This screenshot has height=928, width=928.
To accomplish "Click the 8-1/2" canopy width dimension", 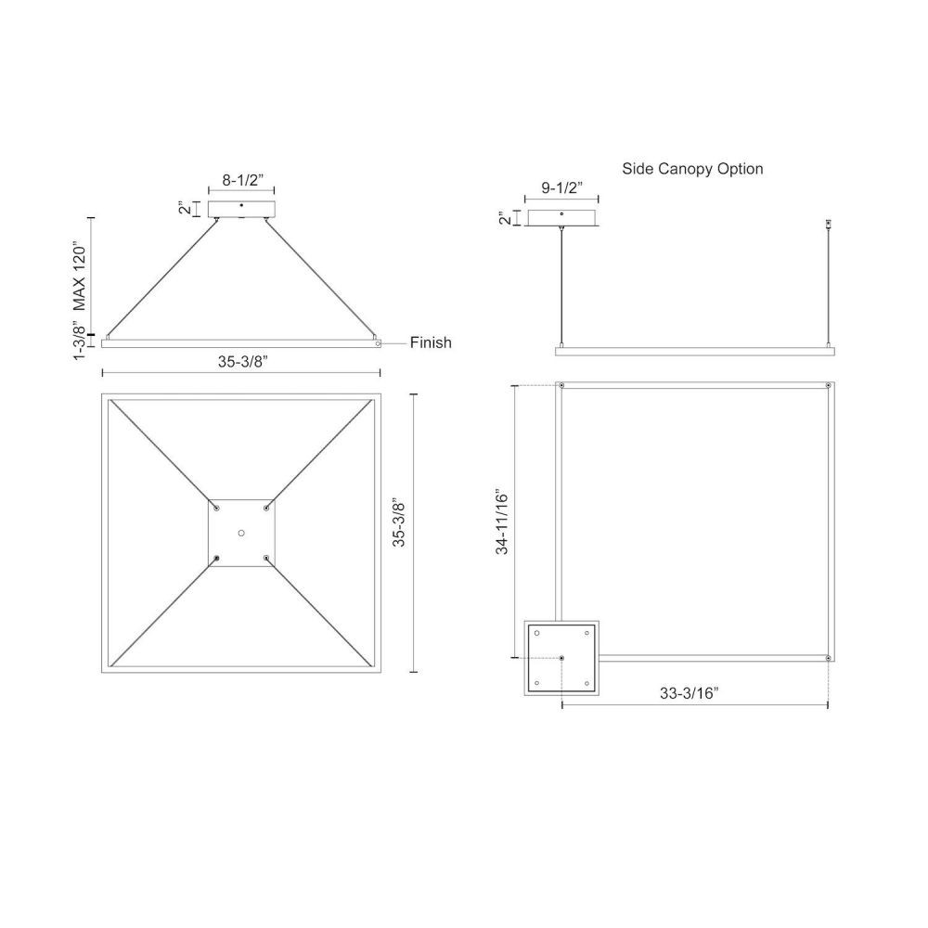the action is pyautogui.click(x=242, y=181).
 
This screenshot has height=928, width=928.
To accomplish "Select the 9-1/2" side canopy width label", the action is pyautogui.click(x=561, y=187).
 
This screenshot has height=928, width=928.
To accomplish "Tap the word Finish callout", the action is pyautogui.click(x=431, y=342).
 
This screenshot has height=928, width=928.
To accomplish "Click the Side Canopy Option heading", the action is pyautogui.click(x=692, y=169).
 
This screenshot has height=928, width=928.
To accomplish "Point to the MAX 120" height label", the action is pyautogui.click(x=79, y=276).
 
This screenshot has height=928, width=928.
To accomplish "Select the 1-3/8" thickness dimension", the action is pyautogui.click(x=79, y=343).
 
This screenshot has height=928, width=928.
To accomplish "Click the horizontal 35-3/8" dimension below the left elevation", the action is pyautogui.click(x=242, y=362).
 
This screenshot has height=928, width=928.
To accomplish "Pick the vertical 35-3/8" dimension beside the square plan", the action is pyautogui.click(x=399, y=523).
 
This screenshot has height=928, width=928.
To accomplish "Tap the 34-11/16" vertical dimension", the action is pyautogui.click(x=502, y=522).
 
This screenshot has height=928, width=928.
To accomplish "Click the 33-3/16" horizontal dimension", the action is pyautogui.click(x=689, y=693).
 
